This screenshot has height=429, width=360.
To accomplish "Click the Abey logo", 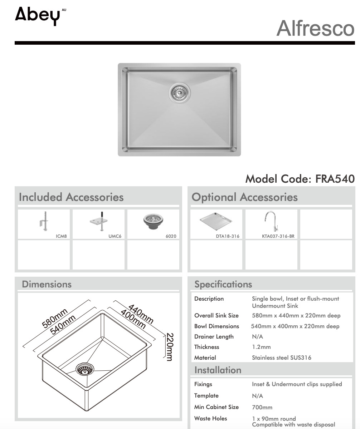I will pyautogui.click(x=38, y=16).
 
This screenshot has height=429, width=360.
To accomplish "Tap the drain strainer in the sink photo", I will pyautogui.click(x=180, y=93).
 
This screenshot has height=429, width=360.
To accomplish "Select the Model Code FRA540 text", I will pyautogui.click(x=300, y=178).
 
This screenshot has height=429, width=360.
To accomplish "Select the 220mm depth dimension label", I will pyautogui.click(x=170, y=347).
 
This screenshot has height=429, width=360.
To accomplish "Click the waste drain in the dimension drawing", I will pyautogui.click(x=84, y=369).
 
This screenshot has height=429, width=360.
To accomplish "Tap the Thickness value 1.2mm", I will pyautogui.click(x=261, y=347).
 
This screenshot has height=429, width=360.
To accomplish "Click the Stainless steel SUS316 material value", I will pyautogui.click(x=281, y=357).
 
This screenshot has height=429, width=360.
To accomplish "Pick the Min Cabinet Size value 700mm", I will pyautogui.click(x=262, y=407).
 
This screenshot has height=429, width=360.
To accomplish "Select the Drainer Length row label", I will pyautogui.click(x=214, y=336).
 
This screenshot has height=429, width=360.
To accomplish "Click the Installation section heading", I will pyautogui.click(x=218, y=370).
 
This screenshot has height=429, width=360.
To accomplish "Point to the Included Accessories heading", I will pyautogui.click(x=71, y=197).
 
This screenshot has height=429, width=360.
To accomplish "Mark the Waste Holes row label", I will pyautogui.click(x=210, y=418).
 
